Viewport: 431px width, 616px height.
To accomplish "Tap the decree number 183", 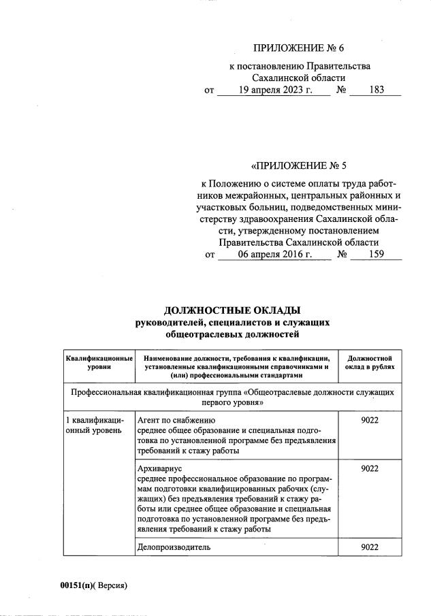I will [375, 89].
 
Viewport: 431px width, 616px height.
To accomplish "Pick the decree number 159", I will [375, 254].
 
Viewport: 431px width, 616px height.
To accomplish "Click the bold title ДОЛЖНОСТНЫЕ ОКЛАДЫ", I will [232, 310].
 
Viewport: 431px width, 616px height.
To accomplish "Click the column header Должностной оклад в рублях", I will [369, 361].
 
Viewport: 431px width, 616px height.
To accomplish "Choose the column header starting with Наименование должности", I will [237, 361].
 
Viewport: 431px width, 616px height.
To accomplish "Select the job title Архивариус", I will [160, 469].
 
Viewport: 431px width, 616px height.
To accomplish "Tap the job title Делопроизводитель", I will [174, 547].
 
